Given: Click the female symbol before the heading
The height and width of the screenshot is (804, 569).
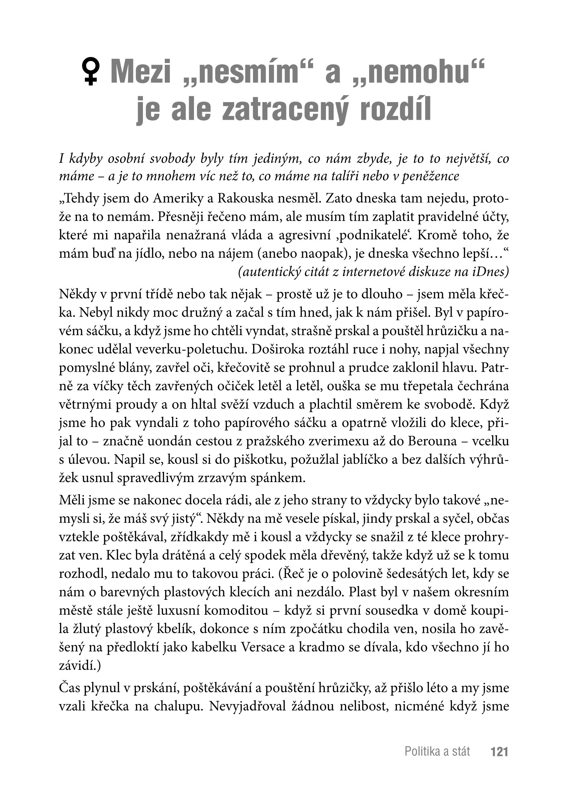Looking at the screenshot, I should [91, 72].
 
